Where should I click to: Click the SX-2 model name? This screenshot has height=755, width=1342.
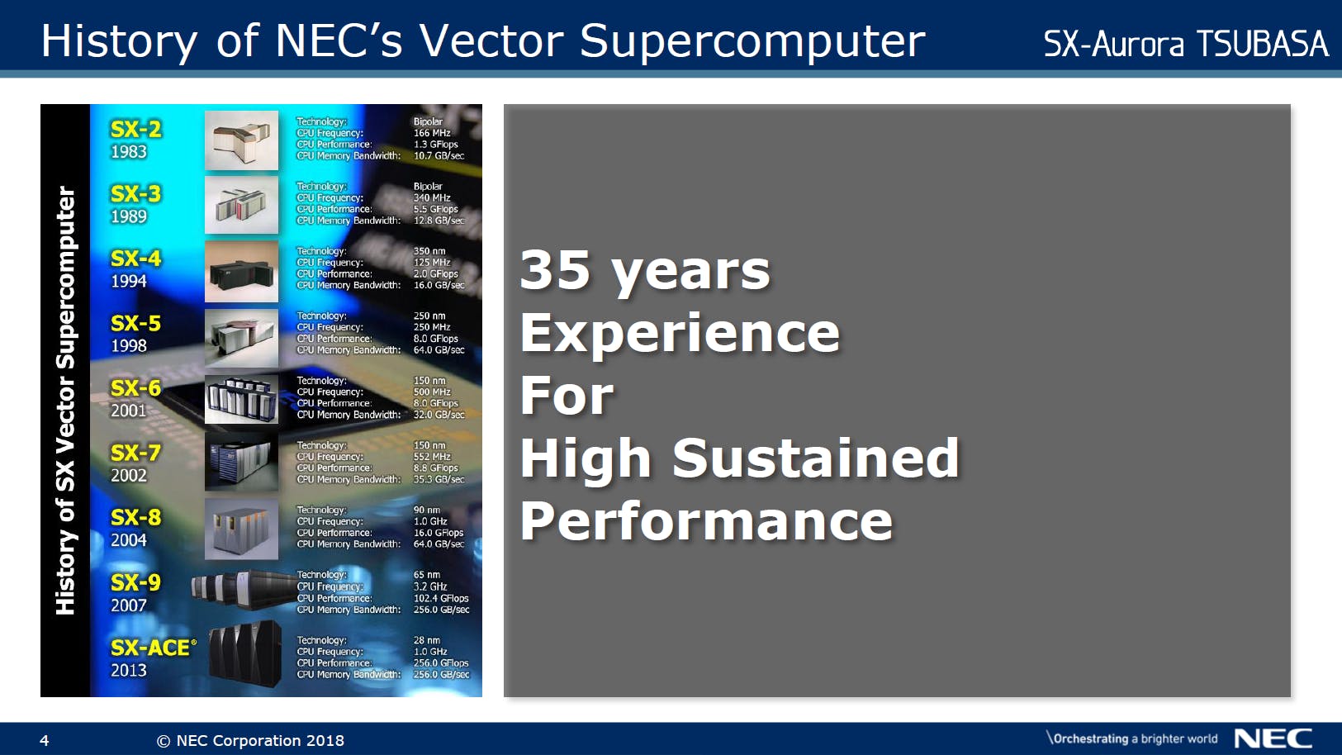coord(136,130)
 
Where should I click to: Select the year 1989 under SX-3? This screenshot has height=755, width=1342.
coord(129,216)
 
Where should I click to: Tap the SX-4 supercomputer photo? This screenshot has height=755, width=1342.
coord(241,272)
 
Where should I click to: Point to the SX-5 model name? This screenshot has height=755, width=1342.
coord(136,324)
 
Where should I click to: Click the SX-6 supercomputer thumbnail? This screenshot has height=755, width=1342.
coord(241,399)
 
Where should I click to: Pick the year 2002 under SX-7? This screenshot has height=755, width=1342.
coord(129,475)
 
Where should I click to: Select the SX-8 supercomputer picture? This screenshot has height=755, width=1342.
coord(241,529)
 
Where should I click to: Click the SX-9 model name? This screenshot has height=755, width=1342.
coord(136,582)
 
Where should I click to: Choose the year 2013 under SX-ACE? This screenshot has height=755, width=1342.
coord(129,670)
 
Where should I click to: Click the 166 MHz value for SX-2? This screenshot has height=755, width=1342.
coord(432,133)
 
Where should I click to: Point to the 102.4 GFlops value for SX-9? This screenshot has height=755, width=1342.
coord(441,598)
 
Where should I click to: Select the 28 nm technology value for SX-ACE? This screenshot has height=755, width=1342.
coord(427,640)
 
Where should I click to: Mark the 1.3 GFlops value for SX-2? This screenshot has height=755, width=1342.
coord(435,145)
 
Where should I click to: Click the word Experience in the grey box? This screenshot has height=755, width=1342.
coord(680,335)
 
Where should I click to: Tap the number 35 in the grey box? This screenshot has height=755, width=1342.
coord(555,270)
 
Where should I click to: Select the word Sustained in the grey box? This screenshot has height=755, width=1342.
coord(816,458)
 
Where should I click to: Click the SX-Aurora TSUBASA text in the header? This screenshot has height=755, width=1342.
coord(1186,43)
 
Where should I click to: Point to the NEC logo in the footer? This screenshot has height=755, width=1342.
coord(1273,738)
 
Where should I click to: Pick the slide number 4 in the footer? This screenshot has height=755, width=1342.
coord(45,741)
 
